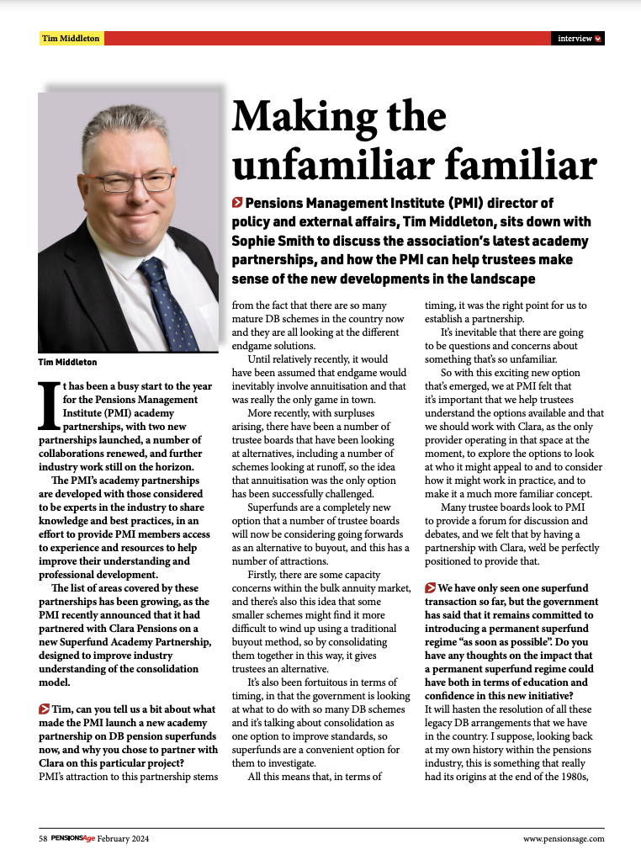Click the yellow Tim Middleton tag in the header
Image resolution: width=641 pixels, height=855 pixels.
(71, 39)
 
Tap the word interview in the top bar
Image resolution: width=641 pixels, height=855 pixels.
(574, 39)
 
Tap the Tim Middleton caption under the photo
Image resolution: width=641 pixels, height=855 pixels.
(67, 362)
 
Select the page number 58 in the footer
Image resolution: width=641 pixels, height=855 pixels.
(43, 839)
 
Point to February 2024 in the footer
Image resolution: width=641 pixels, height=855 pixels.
(123, 839)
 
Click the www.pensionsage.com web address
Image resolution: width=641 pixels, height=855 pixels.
(564, 839)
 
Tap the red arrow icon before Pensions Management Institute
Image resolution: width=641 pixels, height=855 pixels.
(237, 203)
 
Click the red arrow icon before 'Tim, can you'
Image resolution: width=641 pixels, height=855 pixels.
(44, 710)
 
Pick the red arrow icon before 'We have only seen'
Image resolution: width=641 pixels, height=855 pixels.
(430, 587)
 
